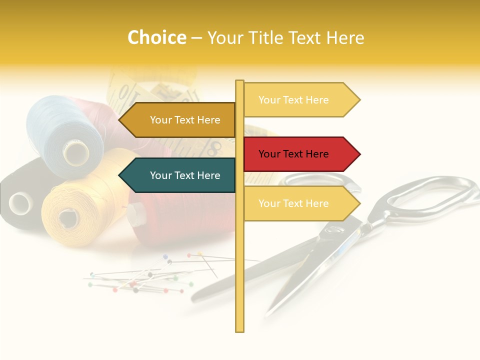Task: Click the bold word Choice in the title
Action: coord(156,38)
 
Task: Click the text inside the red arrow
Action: coord(293,154)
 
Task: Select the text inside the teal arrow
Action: coord(185,175)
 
